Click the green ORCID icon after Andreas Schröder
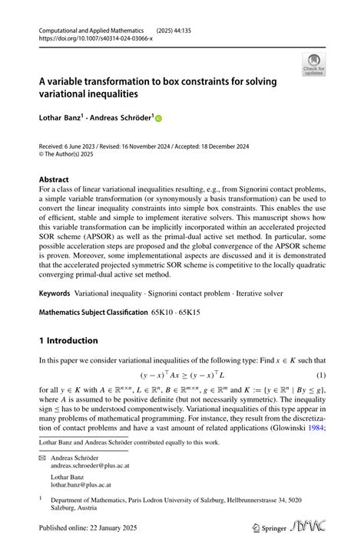point(159,120)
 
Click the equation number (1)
point(323,376)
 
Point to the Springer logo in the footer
point(266,528)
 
